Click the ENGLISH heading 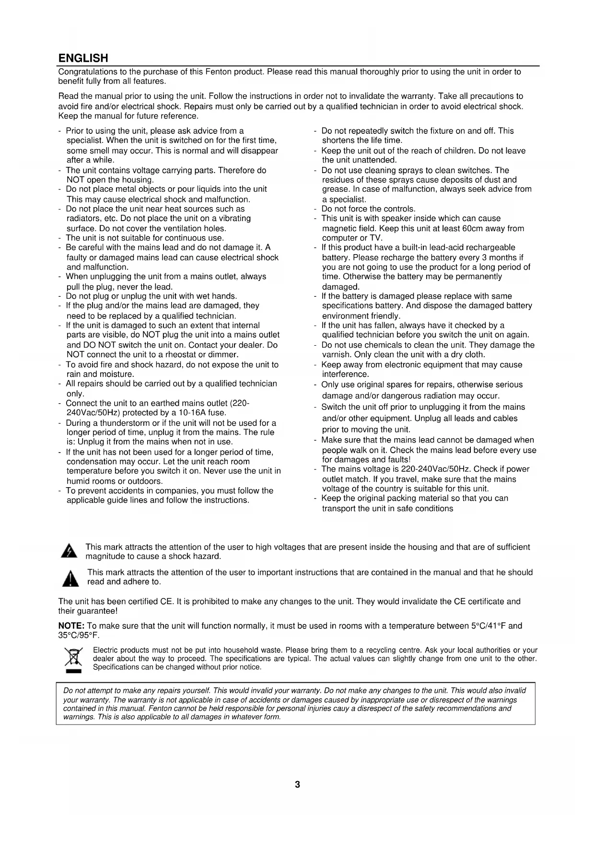pyautogui.click(x=83, y=58)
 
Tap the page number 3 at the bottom pyautogui.click(x=297, y=784)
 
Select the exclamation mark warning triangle pyautogui.click(x=70, y=578)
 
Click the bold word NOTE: pyautogui.click(x=71, y=626)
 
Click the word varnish pyautogui.click(x=337, y=354)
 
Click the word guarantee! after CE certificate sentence pyautogui.click(x=98, y=611)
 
